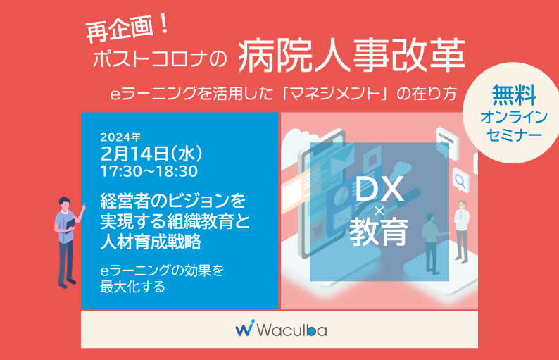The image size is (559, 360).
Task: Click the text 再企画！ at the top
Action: pyautogui.click(x=127, y=30)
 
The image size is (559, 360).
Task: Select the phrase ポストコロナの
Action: pyautogui.click(x=159, y=58)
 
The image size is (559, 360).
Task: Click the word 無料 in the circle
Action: pyautogui.click(x=514, y=95)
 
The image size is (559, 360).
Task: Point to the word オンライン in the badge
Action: pyautogui.click(x=514, y=118)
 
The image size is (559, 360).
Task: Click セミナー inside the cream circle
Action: pyautogui.click(x=514, y=135)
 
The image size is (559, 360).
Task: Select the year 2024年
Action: pyautogui.click(x=120, y=137)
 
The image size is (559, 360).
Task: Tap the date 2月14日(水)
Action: pyautogui.click(x=151, y=154)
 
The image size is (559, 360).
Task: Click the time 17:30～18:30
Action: pyautogui.click(x=149, y=172)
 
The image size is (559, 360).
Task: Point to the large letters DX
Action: pyautogui.click(x=379, y=189)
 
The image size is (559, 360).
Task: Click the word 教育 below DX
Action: pyautogui.click(x=379, y=232)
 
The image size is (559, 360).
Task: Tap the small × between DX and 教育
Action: pyautogui.click(x=379, y=211)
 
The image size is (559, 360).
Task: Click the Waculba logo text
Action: pyautogui.click(x=291, y=330)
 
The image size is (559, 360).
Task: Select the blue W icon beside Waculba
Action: pyautogui.click(x=245, y=328)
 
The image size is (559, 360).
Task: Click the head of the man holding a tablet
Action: pyautogui.click(x=65, y=204)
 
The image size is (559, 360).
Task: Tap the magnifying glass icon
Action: pyautogui.click(x=460, y=180)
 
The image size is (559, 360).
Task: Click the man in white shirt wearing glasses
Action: pyautogui.click(x=461, y=231)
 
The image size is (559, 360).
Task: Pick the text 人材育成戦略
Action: pyautogui.click(x=151, y=242)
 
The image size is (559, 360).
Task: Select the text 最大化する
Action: pyautogui.click(x=132, y=287)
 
